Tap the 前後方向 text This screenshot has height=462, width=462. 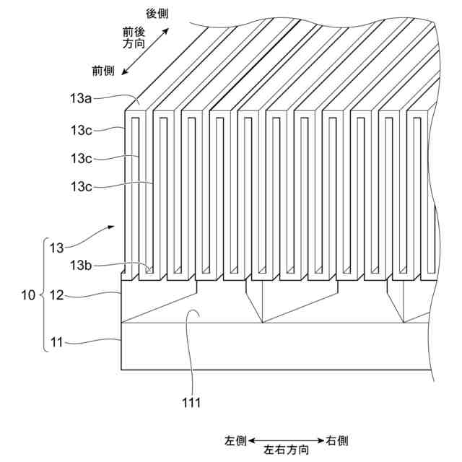(135, 38)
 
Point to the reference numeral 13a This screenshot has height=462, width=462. (81, 100)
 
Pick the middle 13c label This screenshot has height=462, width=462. (81, 157)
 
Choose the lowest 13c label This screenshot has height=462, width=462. (81, 186)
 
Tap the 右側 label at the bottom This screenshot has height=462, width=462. (338, 440)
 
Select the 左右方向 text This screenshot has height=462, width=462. (287, 450)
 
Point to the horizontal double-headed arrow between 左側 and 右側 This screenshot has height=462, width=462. (287, 440)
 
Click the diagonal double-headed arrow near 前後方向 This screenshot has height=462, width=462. (146, 51)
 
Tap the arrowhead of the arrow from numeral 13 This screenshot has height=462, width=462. (112, 226)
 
